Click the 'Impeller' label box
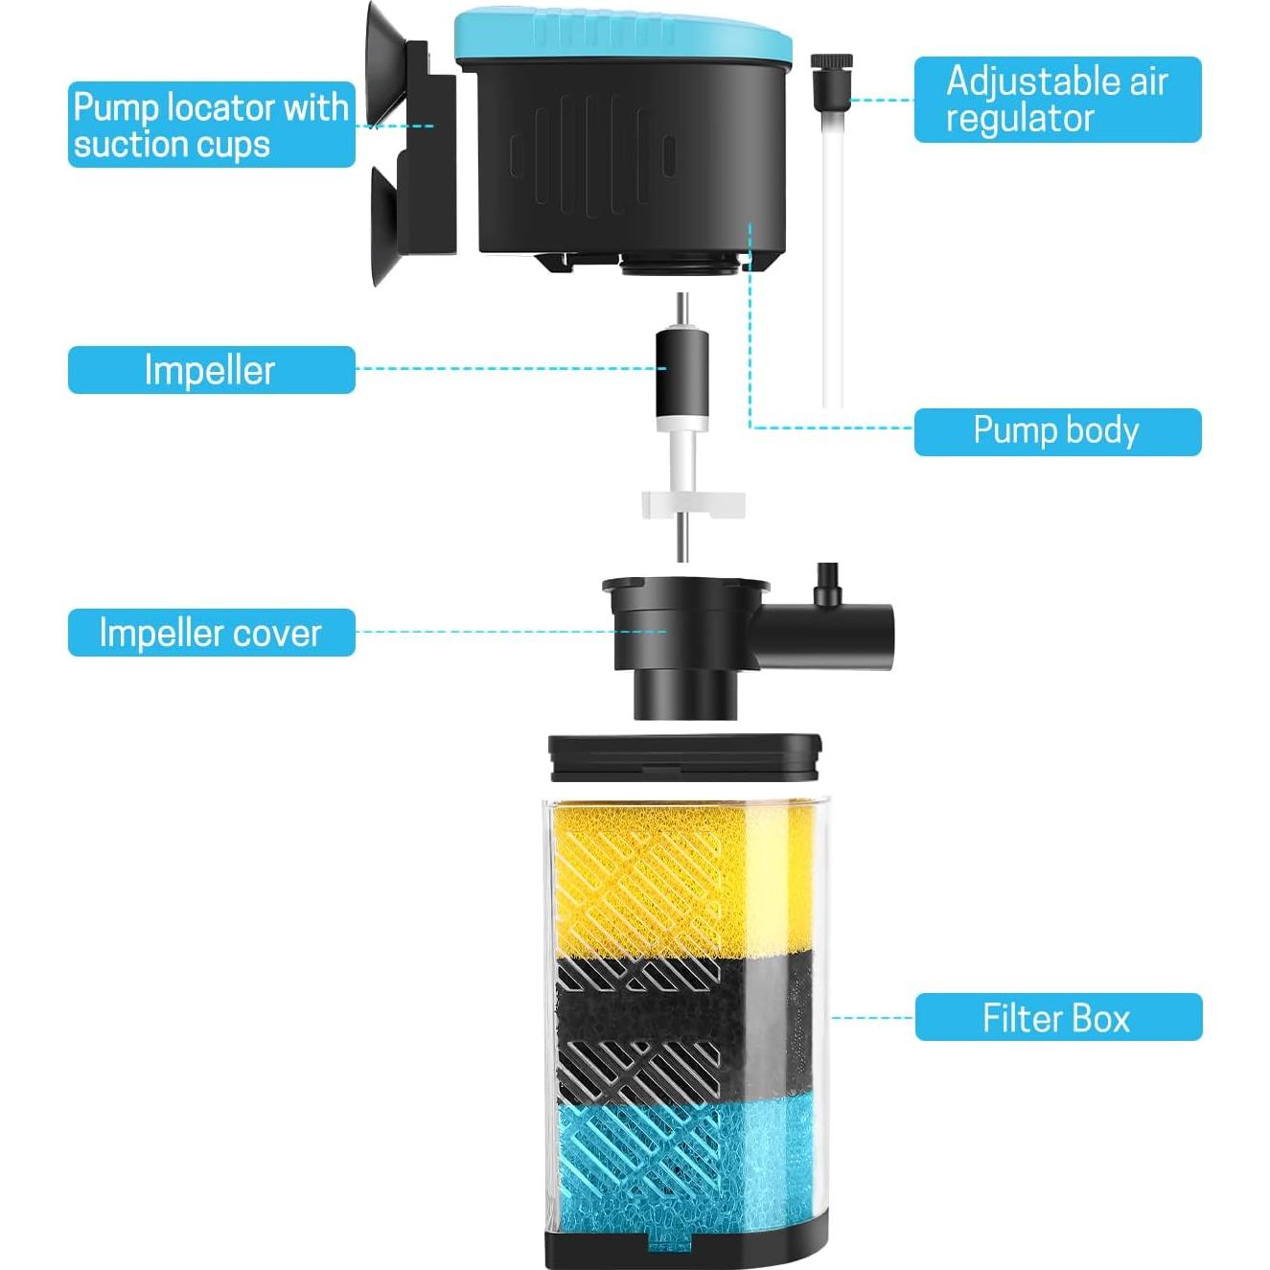(x=211, y=370)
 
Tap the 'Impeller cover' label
(x=211, y=633)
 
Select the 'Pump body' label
(x=1056, y=431)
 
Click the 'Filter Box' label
(x=1057, y=1017)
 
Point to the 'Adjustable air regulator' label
(x=1056, y=100)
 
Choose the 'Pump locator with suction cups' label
(x=211, y=125)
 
